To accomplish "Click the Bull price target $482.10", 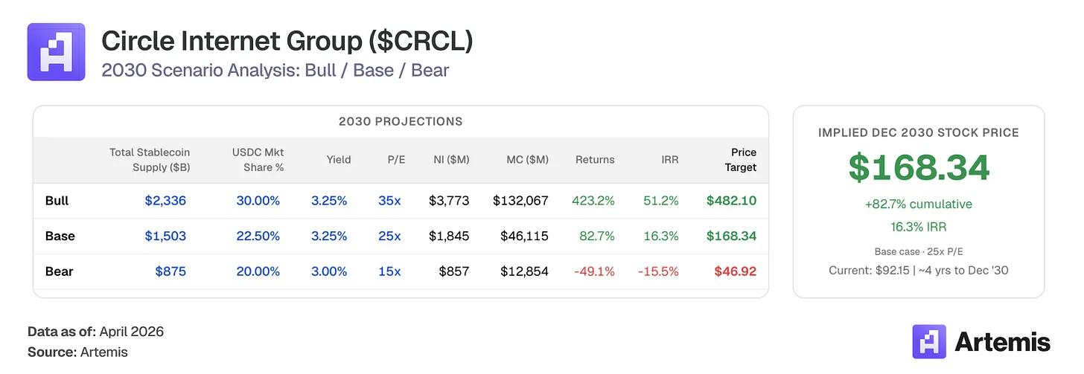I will pos(731,201).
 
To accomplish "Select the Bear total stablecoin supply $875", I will pos(170,271).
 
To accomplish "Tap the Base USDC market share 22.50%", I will pos(258,236).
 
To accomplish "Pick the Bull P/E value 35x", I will pos(389,201).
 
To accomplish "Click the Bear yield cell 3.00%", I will pos(329,271).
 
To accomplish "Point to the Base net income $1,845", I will pos(449,236).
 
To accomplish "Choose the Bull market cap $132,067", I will pos(520,201).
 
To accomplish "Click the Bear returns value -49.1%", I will pos(594,271).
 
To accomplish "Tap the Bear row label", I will pos(59,271).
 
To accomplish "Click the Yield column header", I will pos(338,159).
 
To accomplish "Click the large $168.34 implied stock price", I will pos(919,167).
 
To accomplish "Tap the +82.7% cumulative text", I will pos(919,204).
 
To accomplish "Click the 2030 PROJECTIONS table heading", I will pos(401,121).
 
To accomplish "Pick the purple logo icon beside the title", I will pos(56,52).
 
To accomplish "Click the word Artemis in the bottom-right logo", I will pos(1002,342).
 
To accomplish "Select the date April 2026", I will pos(131,332).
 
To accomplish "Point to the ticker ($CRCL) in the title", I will pos(421,42).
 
